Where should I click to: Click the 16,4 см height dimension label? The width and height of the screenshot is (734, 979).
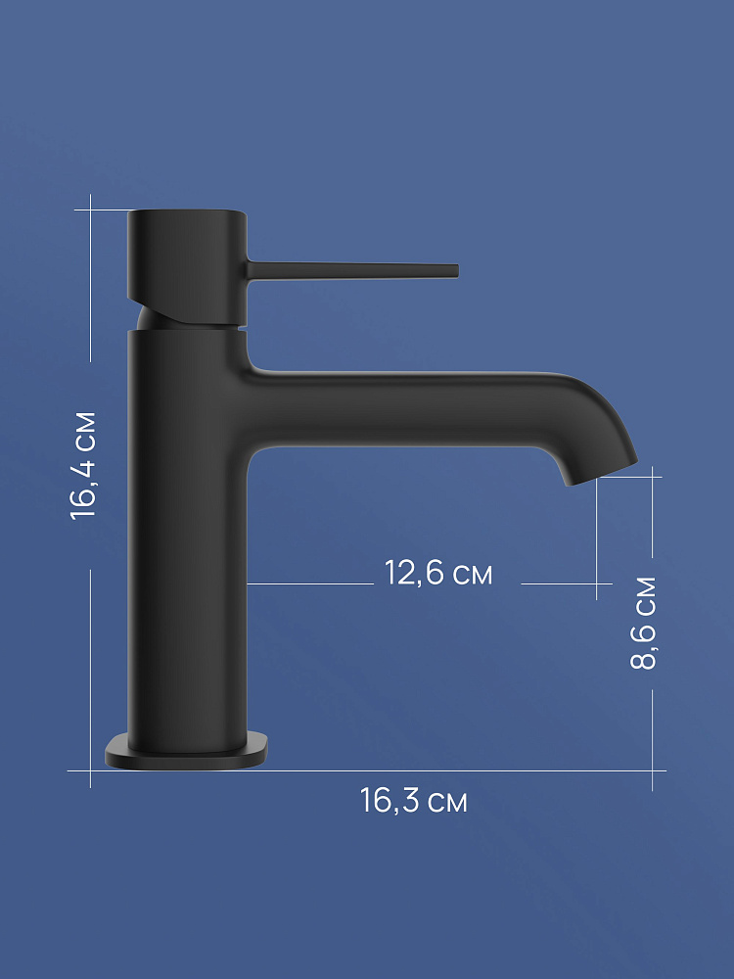pos(83,465)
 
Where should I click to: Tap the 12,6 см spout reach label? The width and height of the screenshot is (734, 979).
pos(438,573)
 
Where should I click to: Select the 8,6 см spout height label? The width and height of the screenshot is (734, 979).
pos(644,623)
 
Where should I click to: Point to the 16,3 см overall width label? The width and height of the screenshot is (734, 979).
pos(413,801)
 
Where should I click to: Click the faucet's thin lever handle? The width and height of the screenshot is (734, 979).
pos(352,270)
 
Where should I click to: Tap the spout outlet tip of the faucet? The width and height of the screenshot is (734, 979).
pos(601,473)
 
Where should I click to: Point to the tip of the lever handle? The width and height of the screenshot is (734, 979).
pos(457,270)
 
